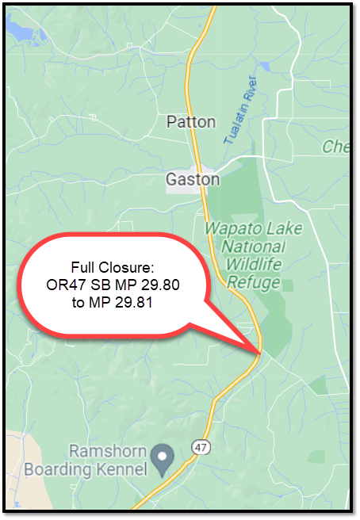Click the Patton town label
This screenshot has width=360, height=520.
[191, 122]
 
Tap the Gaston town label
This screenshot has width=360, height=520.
[193, 180]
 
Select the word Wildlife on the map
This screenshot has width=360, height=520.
[253, 265]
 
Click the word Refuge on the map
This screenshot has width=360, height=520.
[253, 282]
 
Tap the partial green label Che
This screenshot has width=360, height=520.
[334, 147]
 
